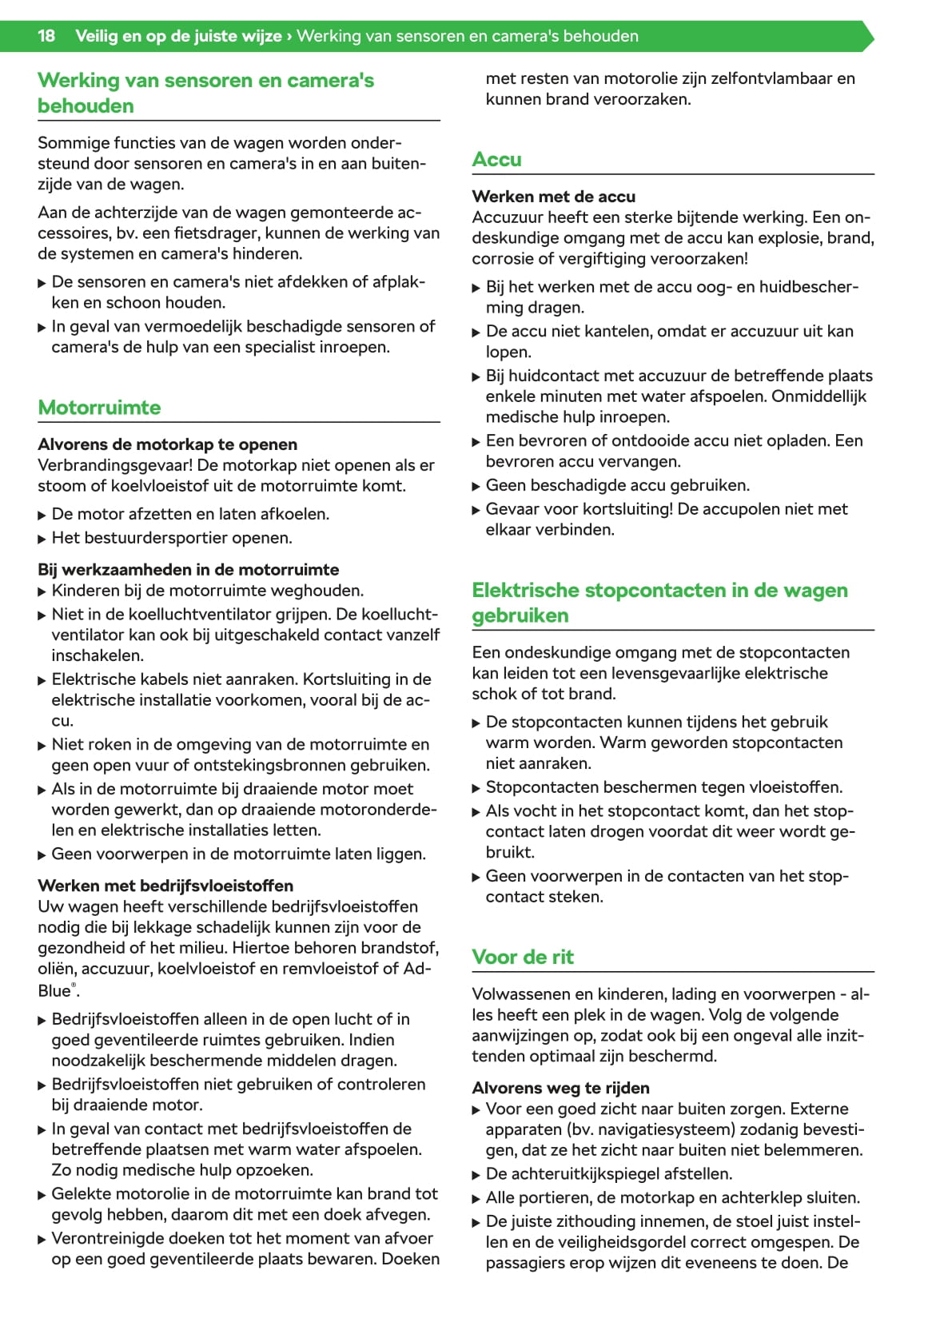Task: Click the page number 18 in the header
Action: pyautogui.click(x=46, y=36)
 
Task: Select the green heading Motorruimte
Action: pyautogui.click(x=99, y=408)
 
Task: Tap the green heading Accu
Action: pyautogui.click(x=496, y=160)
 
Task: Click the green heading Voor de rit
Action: pyautogui.click(x=523, y=957)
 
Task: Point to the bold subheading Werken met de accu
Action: pyautogui.click(x=553, y=197)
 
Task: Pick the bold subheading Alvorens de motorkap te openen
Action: pyautogui.click(x=167, y=444)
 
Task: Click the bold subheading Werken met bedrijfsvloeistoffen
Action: pyautogui.click(x=165, y=886)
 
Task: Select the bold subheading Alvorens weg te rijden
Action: pyautogui.click(x=560, y=1088)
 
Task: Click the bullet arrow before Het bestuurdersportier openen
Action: pyautogui.click(x=42, y=539)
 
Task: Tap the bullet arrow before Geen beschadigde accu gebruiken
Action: pyautogui.click(x=476, y=486)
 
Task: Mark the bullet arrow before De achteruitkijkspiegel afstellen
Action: pyautogui.click(x=476, y=1175)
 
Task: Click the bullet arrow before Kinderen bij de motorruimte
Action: pyautogui.click(x=42, y=591)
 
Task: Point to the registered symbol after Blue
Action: pyautogui.click(x=74, y=986)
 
